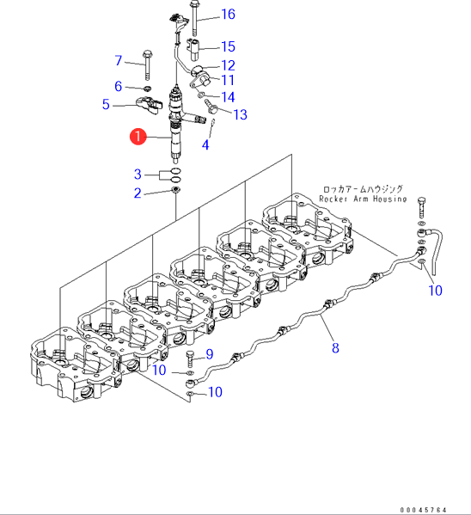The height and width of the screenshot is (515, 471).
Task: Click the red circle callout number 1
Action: (x=138, y=137)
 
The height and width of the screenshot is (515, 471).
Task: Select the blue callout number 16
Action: (x=228, y=14)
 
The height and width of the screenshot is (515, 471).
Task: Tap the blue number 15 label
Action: (x=228, y=46)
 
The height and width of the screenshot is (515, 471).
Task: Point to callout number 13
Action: (x=240, y=114)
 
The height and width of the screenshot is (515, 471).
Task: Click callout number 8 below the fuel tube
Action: (x=335, y=348)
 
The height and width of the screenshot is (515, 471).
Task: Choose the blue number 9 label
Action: (x=210, y=354)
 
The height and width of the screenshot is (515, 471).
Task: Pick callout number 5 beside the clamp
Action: (x=106, y=104)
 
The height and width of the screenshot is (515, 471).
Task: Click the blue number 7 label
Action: (x=119, y=60)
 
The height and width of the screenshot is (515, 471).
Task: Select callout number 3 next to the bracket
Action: (x=138, y=174)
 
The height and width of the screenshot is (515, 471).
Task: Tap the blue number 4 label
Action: (x=205, y=144)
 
